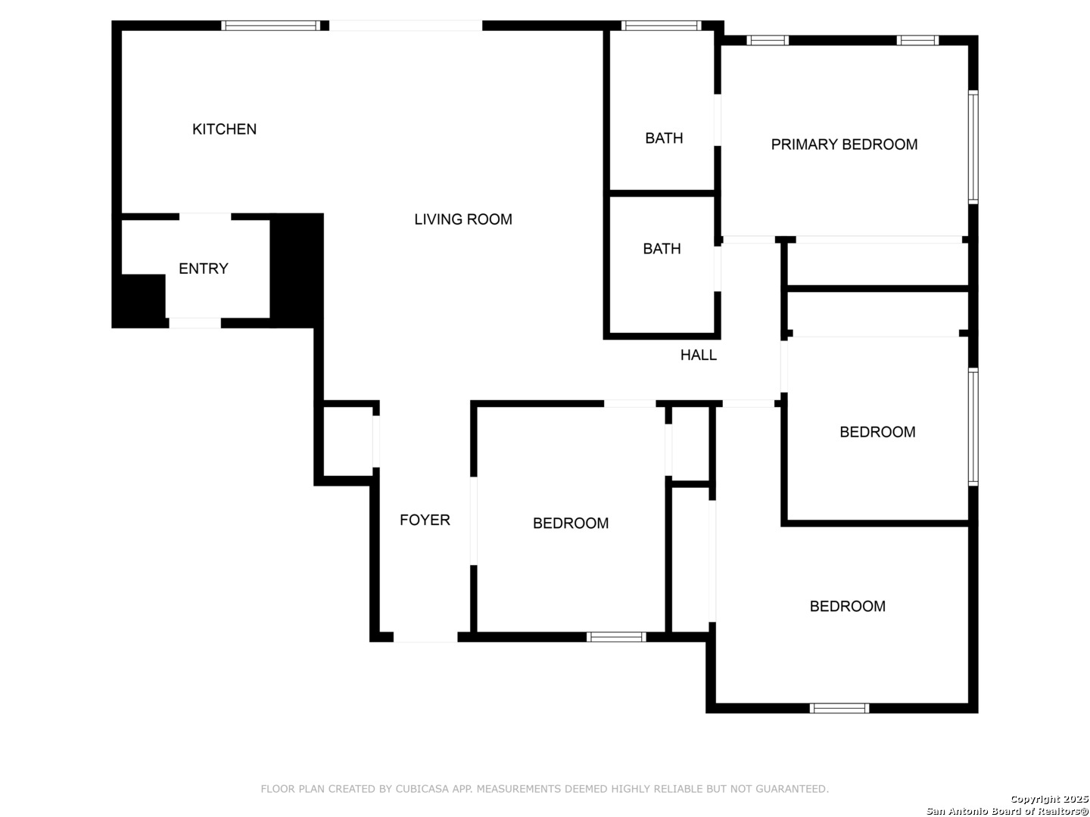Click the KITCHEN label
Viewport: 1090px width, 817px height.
[x=224, y=129]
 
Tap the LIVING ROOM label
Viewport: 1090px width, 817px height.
[x=462, y=219]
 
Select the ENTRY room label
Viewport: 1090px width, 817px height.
[x=203, y=269]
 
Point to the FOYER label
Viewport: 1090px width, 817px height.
[x=425, y=520]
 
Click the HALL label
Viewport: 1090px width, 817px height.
[x=698, y=355]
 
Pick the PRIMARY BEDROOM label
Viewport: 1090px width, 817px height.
[x=844, y=144]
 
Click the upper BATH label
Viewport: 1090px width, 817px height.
[x=664, y=138]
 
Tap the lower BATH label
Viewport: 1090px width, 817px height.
[x=662, y=249]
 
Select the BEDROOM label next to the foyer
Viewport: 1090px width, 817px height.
[x=571, y=523]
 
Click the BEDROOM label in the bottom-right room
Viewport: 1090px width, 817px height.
[x=847, y=606]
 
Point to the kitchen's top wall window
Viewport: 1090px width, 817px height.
[x=271, y=26]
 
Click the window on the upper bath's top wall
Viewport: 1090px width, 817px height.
[x=661, y=26]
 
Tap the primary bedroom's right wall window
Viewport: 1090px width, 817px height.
[x=973, y=147]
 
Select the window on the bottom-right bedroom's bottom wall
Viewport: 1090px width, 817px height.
[x=839, y=708]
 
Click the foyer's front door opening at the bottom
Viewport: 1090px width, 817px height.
[x=425, y=638]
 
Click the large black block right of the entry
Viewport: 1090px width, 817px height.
[x=297, y=270]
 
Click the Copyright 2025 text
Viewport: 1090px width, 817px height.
[x=1049, y=799]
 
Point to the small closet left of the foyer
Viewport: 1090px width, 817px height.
[x=348, y=441]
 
